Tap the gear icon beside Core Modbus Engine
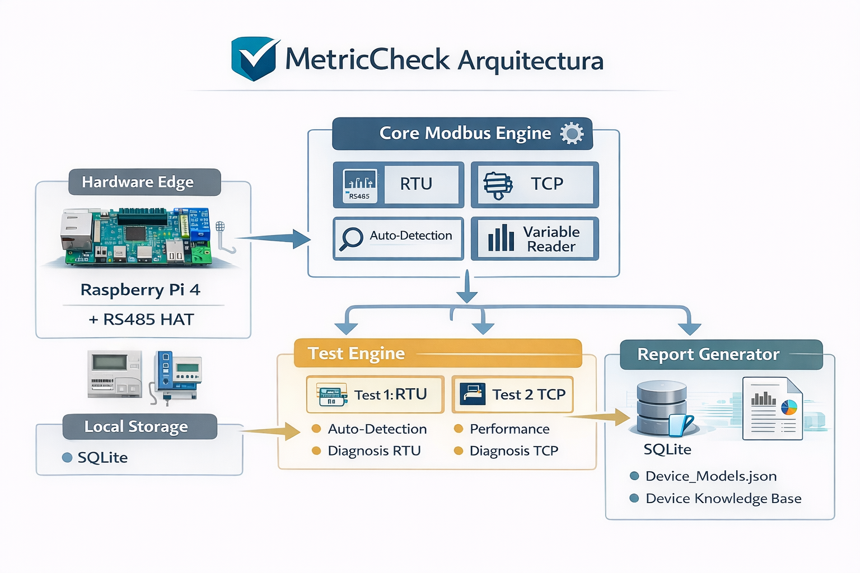(572, 134)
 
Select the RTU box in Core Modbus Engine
(399, 184)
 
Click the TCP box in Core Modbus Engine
(535, 184)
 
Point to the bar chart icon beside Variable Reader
(501, 238)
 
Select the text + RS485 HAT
(141, 320)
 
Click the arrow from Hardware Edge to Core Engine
(274, 239)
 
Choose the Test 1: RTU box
(375, 394)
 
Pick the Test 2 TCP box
(512, 394)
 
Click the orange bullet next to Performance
(459, 429)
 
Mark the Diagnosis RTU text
(374, 451)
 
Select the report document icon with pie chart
(773, 408)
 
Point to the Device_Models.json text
(711, 476)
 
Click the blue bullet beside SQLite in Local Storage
(67, 458)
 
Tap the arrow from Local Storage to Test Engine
(272, 431)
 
